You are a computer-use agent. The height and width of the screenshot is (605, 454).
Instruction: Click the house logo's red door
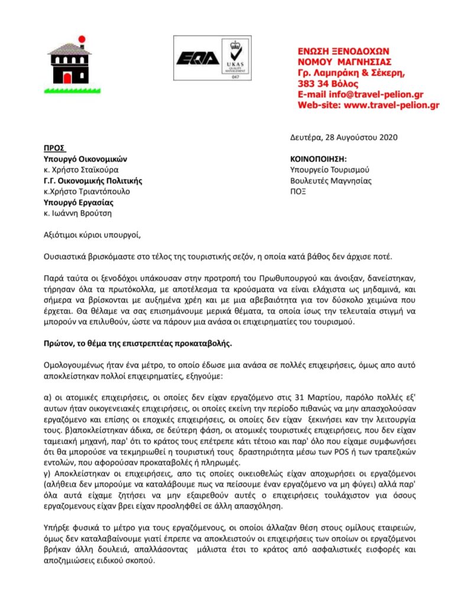click(67, 77)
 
